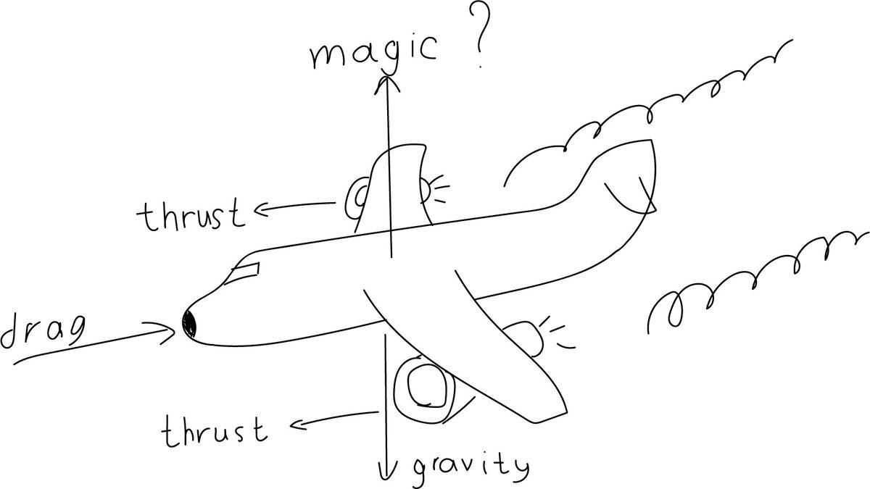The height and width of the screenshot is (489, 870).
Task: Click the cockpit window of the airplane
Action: [x=243, y=272]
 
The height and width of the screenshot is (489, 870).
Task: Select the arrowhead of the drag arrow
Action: [x=168, y=330]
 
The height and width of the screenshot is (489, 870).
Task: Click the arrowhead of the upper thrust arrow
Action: [x=259, y=211]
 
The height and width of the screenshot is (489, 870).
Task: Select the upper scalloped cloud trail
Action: [x=652, y=101]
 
